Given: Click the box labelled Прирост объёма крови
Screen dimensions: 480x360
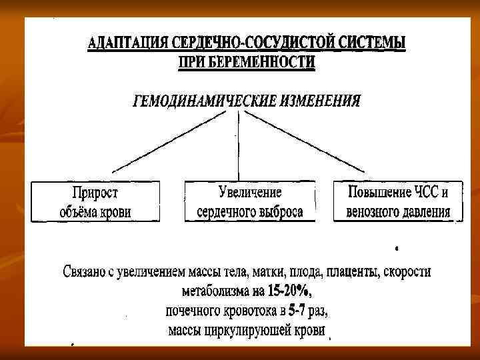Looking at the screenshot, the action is tap(95, 201).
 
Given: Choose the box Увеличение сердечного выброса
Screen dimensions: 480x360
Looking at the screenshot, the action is tap(250, 201).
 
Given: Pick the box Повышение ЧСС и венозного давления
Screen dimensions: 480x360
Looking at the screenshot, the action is tap(398, 201).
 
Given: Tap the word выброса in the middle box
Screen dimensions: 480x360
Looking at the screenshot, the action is tap(279, 212).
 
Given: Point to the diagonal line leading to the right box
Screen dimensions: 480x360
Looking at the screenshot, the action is tap(307, 141).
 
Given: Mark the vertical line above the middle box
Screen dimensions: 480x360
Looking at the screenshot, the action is tap(237, 143).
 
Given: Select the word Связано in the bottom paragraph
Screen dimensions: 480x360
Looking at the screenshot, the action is tap(85, 273).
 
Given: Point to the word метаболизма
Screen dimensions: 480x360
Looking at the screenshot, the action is tap(215, 292).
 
